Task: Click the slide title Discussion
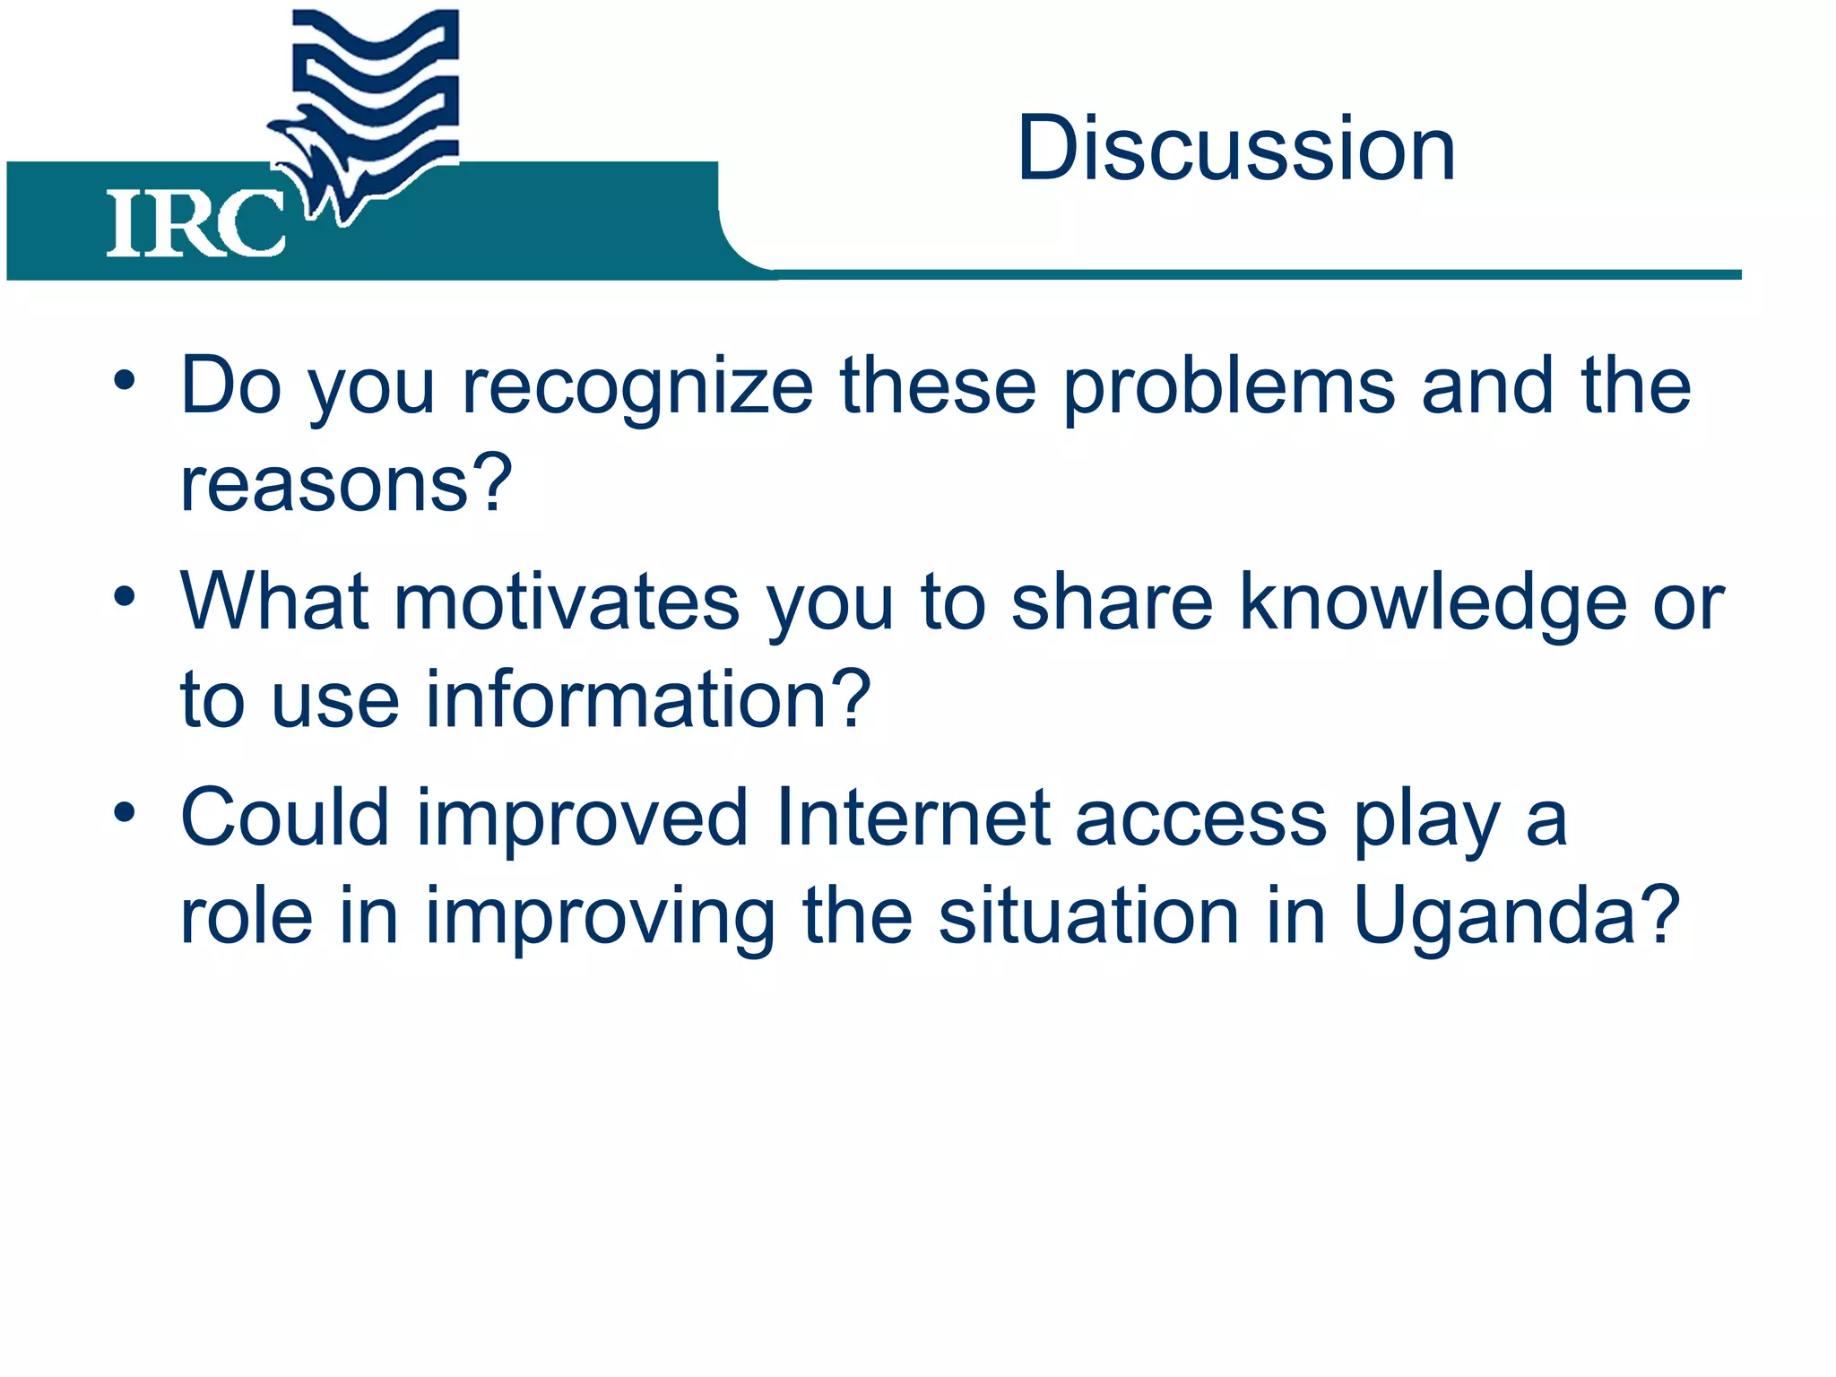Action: pyautogui.click(x=1235, y=149)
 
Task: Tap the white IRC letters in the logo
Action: pyautogui.click(x=195, y=224)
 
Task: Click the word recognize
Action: pyautogui.click(x=637, y=387)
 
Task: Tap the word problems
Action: pyautogui.click(x=1229, y=387)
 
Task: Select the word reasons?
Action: pyautogui.click(x=346, y=484)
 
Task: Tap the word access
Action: pyautogui.click(x=1200, y=818)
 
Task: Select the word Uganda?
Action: pyautogui.click(x=1516, y=916)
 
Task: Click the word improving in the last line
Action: pyautogui.click(x=600, y=916)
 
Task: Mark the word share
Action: pyautogui.click(x=1112, y=602)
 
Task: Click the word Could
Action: pyautogui.click(x=285, y=818)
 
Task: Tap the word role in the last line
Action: pyautogui.click(x=247, y=916)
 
